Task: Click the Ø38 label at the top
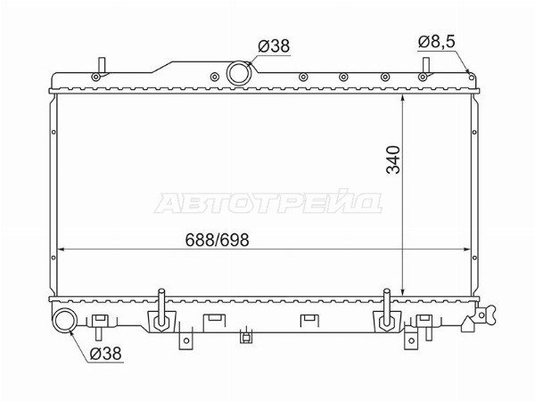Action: point(274,45)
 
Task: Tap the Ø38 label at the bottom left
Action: point(105,354)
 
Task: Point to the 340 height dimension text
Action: point(392,160)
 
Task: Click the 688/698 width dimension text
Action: point(217,240)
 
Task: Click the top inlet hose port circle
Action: point(239,73)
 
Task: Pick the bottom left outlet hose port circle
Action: point(65,320)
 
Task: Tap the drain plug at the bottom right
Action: point(482,315)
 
